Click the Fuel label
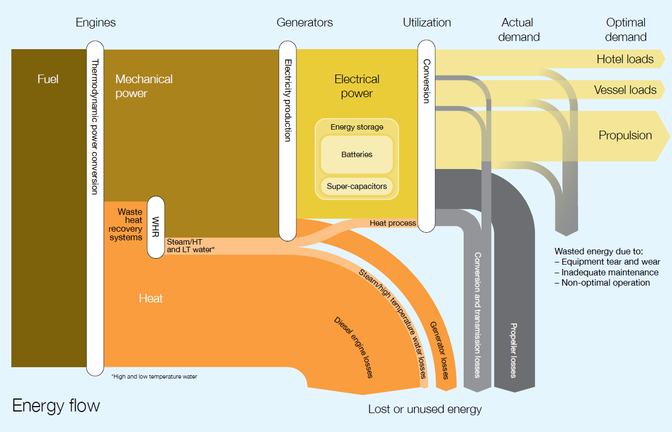click(47, 79)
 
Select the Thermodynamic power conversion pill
click(94, 211)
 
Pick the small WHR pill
click(155, 227)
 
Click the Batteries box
click(357, 154)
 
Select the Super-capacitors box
click(357, 186)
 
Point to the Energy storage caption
click(357, 127)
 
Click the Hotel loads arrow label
click(625, 59)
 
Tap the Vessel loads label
click(625, 90)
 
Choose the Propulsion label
click(625, 136)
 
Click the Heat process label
click(392, 223)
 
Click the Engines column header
click(96, 23)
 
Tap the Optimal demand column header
click(626, 30)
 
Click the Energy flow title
click(56, 406)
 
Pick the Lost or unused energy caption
click(425, 409)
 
